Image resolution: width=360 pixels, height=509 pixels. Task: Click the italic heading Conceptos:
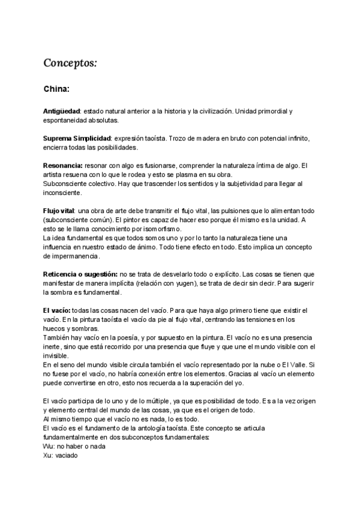click(70, 62)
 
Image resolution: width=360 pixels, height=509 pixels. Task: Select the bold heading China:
click(57, 89)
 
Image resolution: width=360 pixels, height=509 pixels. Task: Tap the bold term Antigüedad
click(62, 112)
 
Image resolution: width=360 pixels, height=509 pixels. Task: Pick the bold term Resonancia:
click(63, 165)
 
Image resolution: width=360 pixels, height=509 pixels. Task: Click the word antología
click(149, 427)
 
